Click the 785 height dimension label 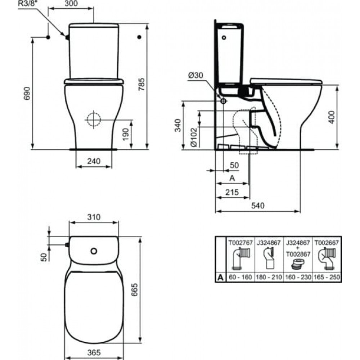141,84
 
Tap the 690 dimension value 27,93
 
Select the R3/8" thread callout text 28,4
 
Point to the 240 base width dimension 94,161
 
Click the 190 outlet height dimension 125,135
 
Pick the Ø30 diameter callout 195,75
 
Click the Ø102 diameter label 194,137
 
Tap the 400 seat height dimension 332,117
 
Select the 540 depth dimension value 258,206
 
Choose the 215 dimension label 232,192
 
